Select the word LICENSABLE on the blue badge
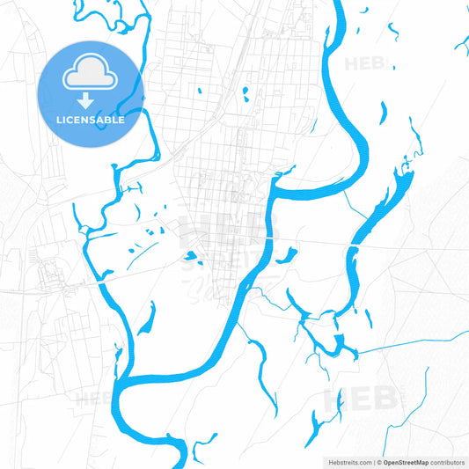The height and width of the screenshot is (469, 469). (x=91, y=119)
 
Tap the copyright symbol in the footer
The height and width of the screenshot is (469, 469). (x=378, y=461)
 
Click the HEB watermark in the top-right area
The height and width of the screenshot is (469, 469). (x=364, y=63)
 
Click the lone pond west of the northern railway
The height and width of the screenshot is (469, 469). (x=200, y=89)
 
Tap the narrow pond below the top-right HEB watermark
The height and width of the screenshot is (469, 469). (x=382, y=112)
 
